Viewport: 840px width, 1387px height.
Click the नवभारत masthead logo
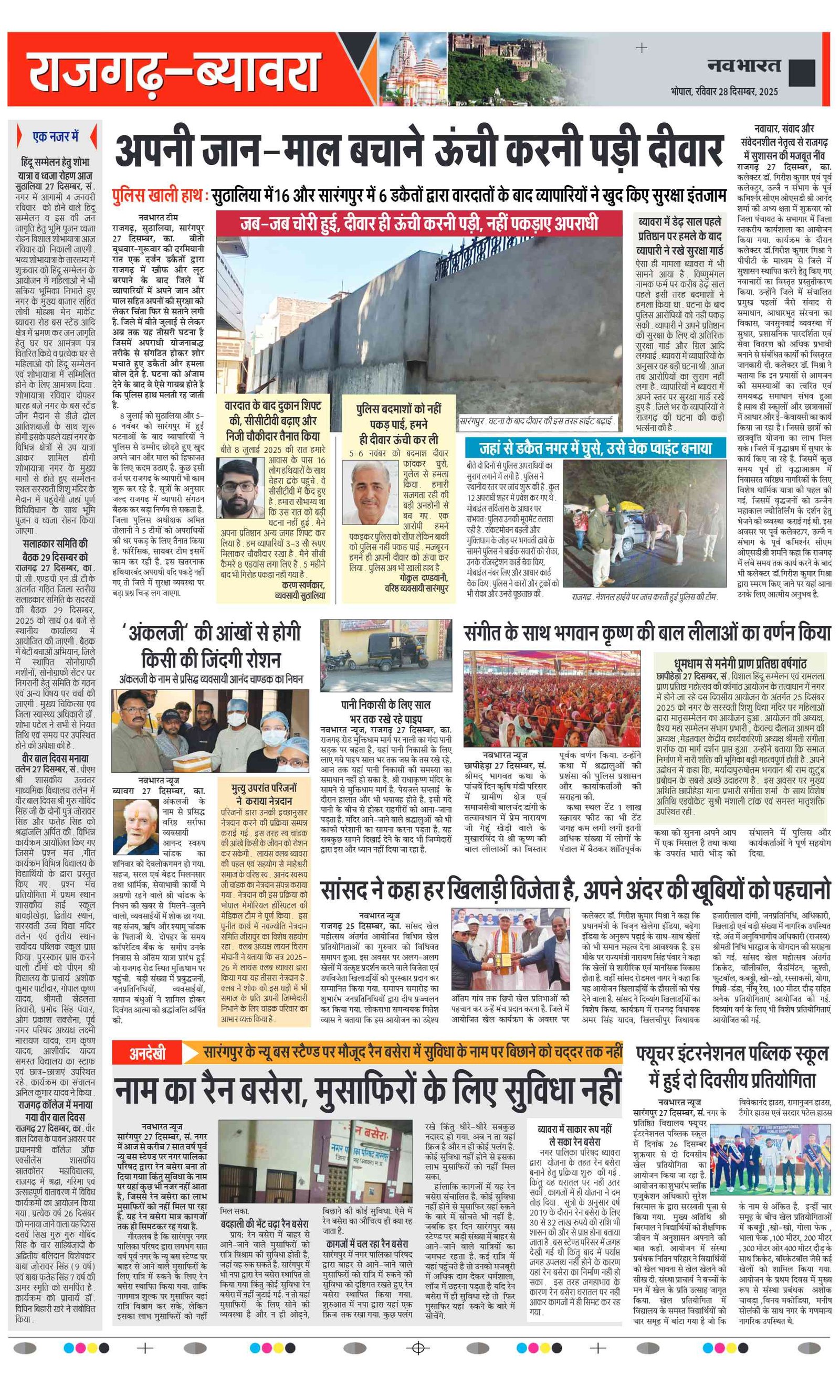[743, 66]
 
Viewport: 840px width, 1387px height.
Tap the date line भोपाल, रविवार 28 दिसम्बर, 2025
[724, 91]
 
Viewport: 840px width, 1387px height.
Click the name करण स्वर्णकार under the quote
[302, 585]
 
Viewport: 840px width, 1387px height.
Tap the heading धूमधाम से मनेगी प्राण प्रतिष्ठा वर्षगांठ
[740, 664]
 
